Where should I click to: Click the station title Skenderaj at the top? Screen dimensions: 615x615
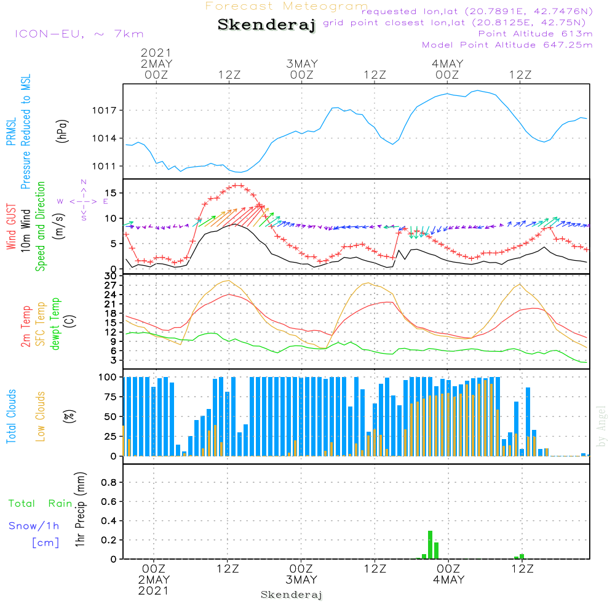coord(266,25)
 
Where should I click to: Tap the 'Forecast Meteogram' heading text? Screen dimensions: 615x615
coord(287,6)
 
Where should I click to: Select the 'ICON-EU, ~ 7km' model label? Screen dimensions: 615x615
coord(79,34)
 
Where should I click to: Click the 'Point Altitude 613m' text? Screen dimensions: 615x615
coord(535,33)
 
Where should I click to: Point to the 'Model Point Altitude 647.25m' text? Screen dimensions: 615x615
coord(507,45)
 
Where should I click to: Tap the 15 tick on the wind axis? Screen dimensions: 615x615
coord(112,193)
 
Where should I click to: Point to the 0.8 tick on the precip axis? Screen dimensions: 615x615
coord(108,482)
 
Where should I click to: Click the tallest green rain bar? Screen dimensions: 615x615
coord(430,545)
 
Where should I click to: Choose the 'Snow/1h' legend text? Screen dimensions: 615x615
coord(34,526)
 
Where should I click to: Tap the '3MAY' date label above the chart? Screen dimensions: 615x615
coord(302,63)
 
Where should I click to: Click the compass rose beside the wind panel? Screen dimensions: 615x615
coord(84,201)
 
